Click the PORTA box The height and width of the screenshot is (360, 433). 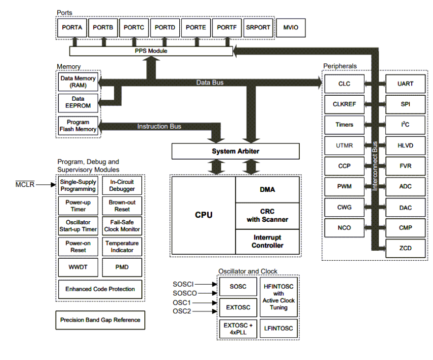pyautogui.click(x=72, y=28)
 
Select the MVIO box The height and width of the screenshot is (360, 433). pyautogui.click(x=291, y=28)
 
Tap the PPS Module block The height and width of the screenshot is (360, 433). pyautogui.click(x=151, y=51)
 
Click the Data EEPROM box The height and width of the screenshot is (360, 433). pyautogui.click(x=78, y=103)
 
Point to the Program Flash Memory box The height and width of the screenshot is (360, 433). pyautogui.click(x=78, y=126)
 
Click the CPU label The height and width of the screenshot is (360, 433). pyautogui.click(x=204, y=215)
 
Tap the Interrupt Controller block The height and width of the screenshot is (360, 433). pyautogui.click(x=267, y=242)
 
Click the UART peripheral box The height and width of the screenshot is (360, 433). pyautogui.click(x=406, y=83)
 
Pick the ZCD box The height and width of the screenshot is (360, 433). pyautogui.click(x=406, y=249)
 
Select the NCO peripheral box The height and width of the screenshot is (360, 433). pyautogui.click(x=344, y=228)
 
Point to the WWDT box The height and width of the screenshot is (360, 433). pyautogui.click(x=78, y=266)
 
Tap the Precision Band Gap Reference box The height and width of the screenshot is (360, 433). pyautogui.click(x=100, y=320)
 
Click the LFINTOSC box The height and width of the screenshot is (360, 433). pyautogui.click(x=279, y=329)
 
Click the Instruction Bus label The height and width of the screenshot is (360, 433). pyautogui.click(x=159, y=126)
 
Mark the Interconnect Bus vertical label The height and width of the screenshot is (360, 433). pyautogui.click(x=375, y=165)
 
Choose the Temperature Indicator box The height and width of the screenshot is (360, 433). pyautogui.click(x=122, y=247)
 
